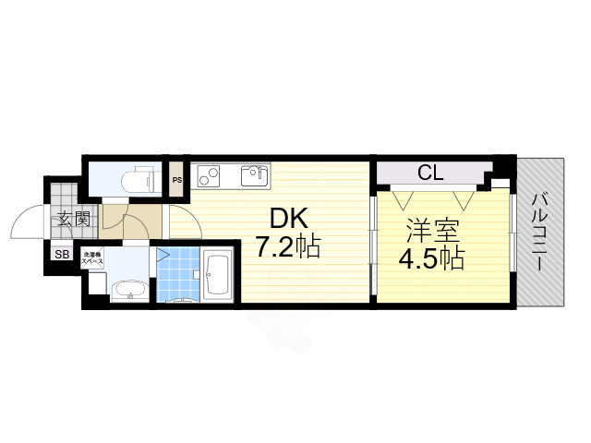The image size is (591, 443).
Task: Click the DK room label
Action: point(287,220)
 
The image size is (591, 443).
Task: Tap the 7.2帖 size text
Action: point(288,247)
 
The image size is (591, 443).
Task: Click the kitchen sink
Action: point(254,175)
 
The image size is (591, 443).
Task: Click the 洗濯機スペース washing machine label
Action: point(93,259)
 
